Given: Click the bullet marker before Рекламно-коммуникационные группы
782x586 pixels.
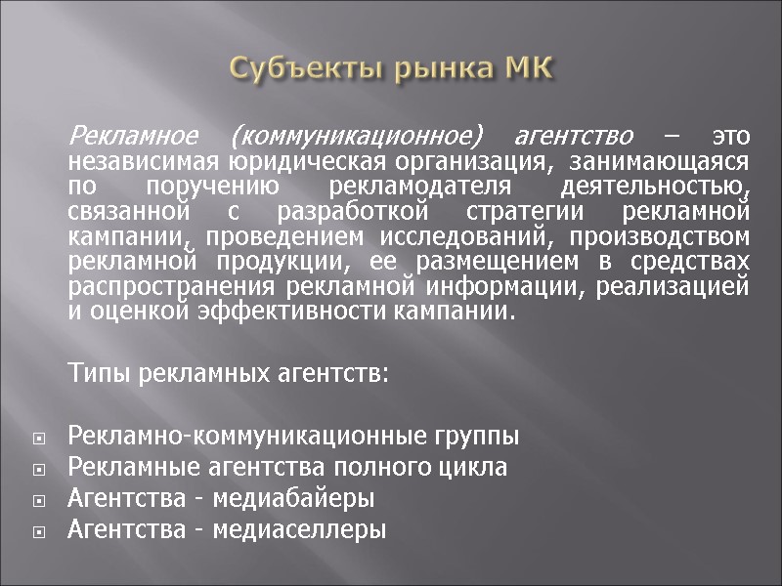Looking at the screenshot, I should (x=38, y=437).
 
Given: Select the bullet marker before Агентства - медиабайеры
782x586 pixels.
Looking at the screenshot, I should (x=38, y=500).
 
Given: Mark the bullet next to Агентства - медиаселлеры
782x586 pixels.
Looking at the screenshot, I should (x=38, y=532).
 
